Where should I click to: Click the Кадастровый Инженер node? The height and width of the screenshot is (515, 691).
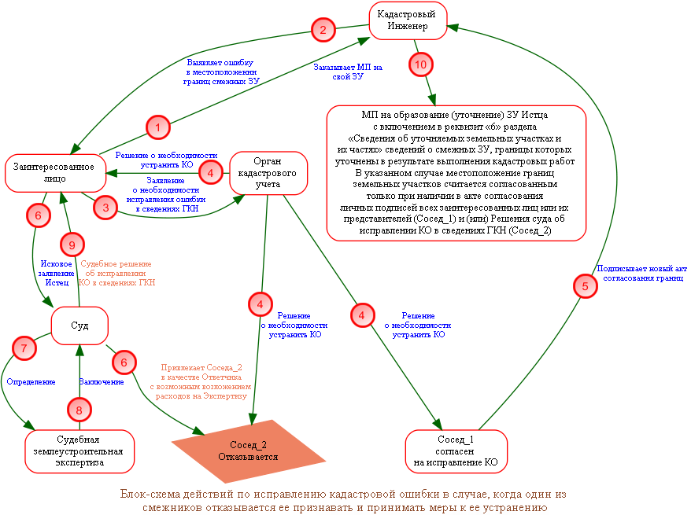tap(408, 20)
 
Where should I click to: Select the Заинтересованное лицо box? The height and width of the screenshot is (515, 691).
tap(55, 173)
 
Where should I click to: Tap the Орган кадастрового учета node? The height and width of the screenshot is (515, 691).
tap(268, 173)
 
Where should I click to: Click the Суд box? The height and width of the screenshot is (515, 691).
tap(79, 326)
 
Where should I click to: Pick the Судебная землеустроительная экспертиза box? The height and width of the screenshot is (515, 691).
tap(79, 451)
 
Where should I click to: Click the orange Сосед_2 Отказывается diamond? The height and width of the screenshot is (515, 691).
tap(248, 451)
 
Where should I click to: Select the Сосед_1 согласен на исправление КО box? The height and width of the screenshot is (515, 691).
tap(456, 451)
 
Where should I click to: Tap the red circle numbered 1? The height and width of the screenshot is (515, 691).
tap(157, 127)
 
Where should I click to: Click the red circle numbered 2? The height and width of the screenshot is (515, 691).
tap(323, 30)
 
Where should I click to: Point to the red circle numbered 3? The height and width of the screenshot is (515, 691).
tap(105, 208)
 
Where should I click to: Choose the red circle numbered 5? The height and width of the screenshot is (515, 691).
tap(586, 286)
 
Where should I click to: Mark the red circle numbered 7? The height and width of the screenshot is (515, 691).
tap(24, 348)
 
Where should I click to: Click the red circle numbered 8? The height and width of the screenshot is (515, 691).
tap(79, 410)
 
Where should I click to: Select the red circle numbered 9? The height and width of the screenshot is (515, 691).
tap(72, 245)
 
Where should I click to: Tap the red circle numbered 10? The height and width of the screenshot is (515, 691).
tap(421, 64)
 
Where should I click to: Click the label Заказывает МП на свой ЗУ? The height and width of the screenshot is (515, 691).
tap(348, 72)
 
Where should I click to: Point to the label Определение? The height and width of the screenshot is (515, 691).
tap(31, 381)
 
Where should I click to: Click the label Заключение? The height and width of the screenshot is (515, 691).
tap(102, 381)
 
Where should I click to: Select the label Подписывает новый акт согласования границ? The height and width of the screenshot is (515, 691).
tap(641, 273)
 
